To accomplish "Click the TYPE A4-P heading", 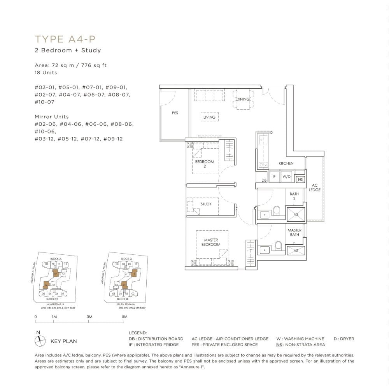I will (65, 39).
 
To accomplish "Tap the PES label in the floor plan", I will (175, 113).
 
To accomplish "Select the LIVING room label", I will (209, 117).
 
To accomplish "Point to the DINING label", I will (243, 99).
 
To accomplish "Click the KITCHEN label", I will (286, 163).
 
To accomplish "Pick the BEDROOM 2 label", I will (205, 164).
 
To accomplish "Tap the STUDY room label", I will (206, 204).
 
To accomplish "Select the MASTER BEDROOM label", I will (211, 242).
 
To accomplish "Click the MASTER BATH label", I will (294, 232).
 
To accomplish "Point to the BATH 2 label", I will (294, 196).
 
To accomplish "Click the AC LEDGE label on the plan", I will (315, 187).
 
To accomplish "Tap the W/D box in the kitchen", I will (287, 177).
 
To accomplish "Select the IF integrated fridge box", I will (274, 177).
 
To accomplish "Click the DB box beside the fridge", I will (264, 180).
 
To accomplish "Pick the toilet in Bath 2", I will (277, 211).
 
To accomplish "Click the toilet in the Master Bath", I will (278, 245).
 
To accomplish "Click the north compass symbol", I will (39, 341).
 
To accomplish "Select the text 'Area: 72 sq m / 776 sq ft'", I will (70, 65).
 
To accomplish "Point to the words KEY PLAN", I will (64, 341).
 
